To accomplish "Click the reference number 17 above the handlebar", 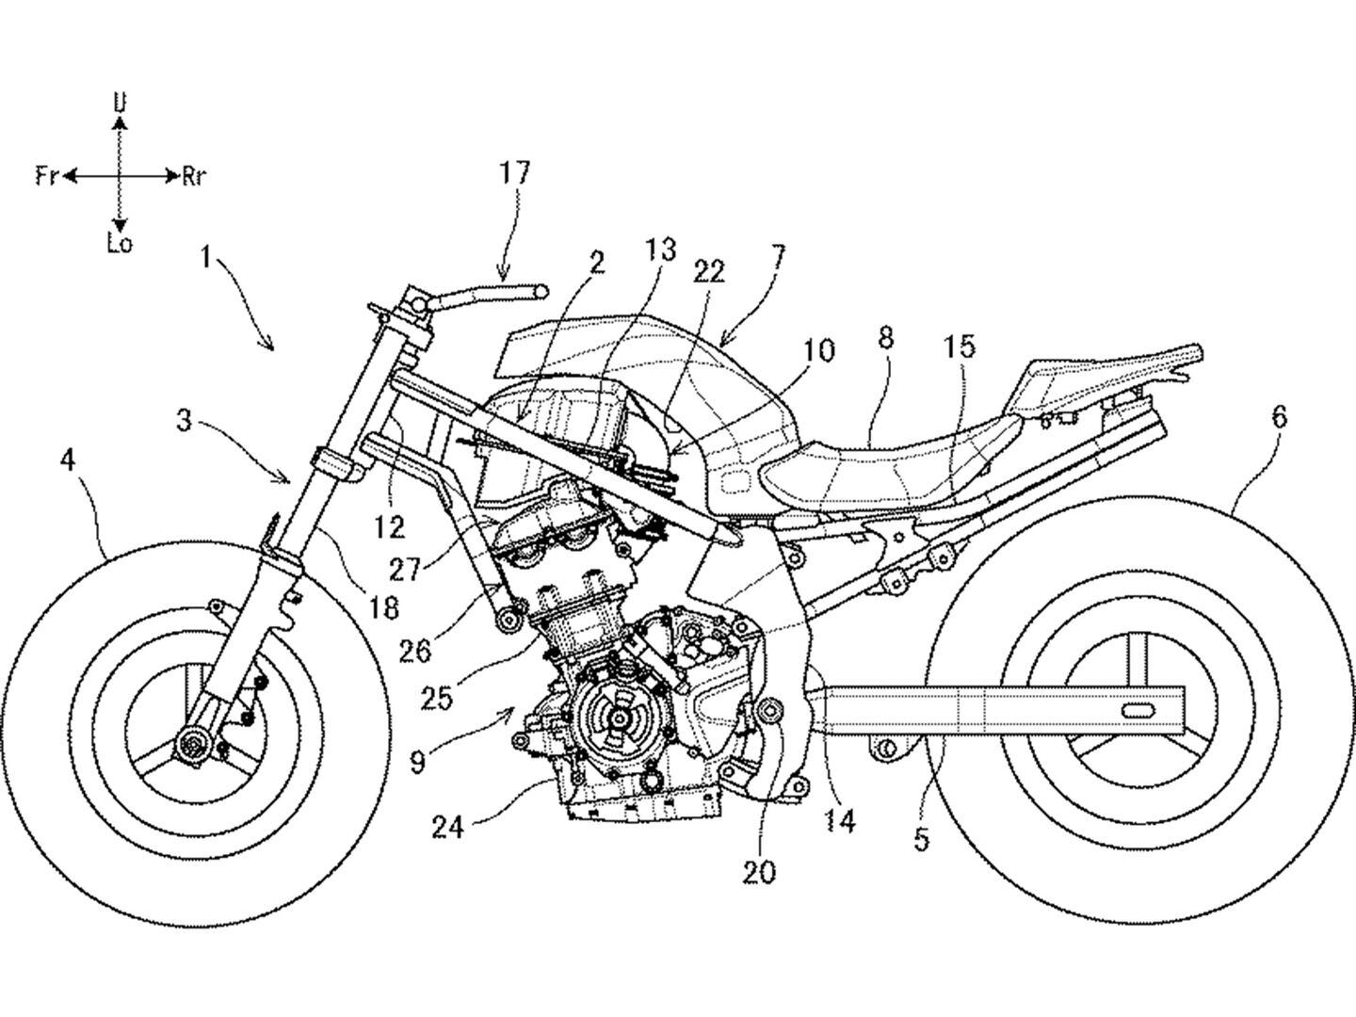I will (515, 173).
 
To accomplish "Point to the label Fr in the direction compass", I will (47, 176).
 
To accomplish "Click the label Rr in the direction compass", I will (194, 176).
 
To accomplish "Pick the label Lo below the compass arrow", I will (119, 244).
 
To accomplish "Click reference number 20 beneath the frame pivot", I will (759, 871).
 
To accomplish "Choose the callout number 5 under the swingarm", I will (921, 837).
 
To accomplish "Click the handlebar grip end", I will (539, 292).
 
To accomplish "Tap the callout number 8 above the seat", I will (885, 339).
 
